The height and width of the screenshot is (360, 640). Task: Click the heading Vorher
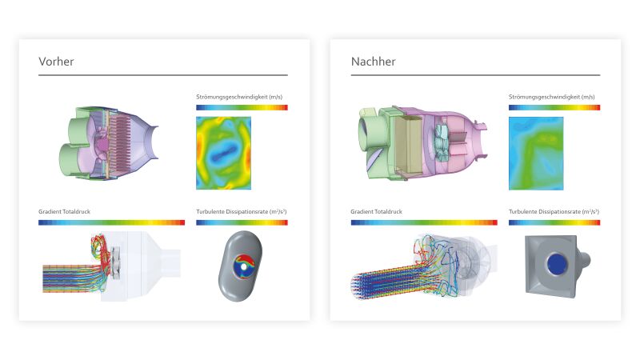tap(56, 62)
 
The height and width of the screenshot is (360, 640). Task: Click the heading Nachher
tap(373, 62)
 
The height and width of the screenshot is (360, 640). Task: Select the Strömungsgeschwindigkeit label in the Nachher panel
tap(551, 97)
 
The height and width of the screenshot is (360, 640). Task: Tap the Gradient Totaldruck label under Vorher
tap(70, 212)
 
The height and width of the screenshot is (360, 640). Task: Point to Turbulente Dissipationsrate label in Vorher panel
tap(241, 212)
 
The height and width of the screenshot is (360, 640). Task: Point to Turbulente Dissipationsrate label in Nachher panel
tap(553, 212)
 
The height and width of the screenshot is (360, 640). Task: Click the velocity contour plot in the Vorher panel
tap(223, 153)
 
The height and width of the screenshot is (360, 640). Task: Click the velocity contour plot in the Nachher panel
tap(535, 153)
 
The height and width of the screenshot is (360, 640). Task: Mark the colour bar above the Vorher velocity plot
tap(242, 106)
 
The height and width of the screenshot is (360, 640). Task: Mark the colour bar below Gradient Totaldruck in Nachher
tap(423, 222)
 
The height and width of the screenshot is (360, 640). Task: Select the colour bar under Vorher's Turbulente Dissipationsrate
tap(242, 222)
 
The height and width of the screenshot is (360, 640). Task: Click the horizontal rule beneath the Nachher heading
tap(475, 75)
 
